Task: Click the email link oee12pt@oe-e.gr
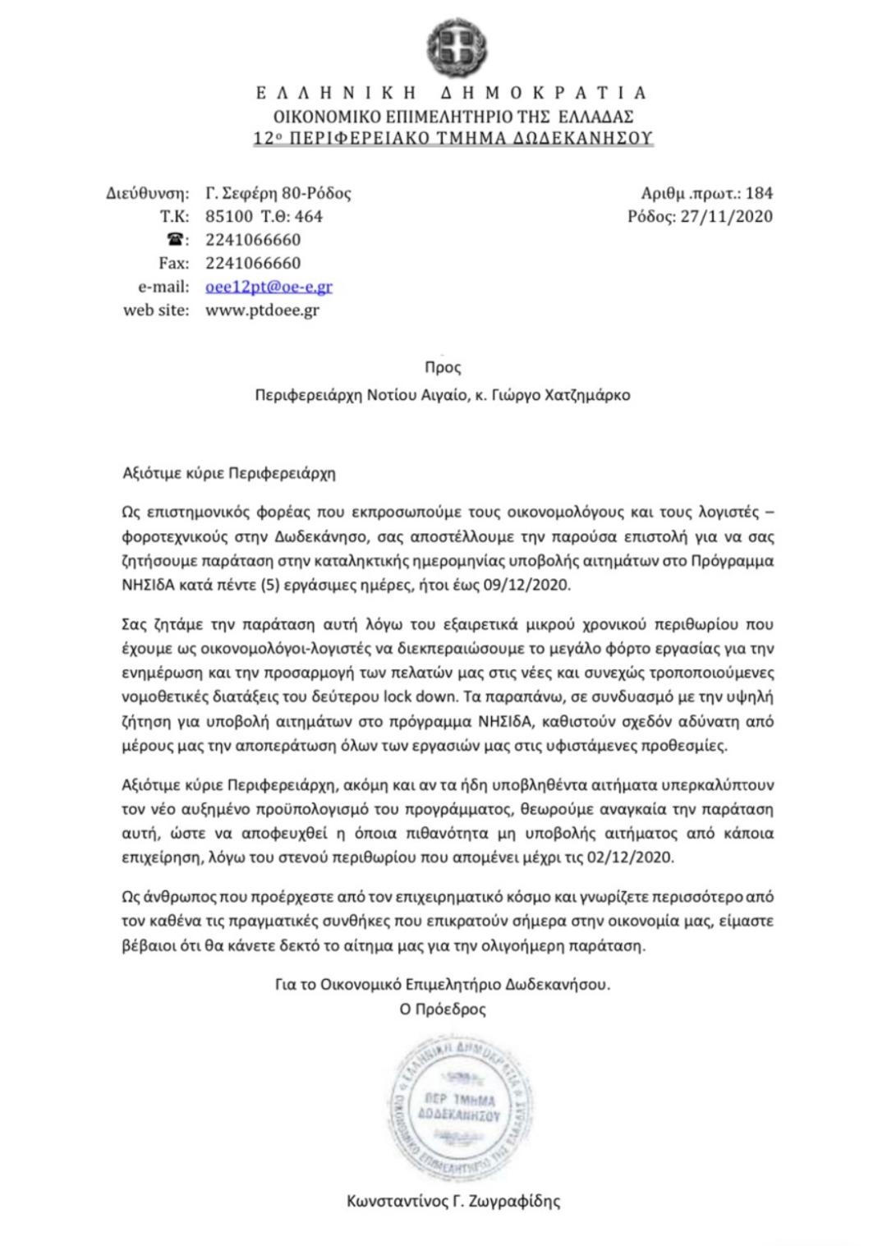[x=269, y=287]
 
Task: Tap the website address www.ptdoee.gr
[x=262, y=310]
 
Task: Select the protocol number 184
[x=759, y=194]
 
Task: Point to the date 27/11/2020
[x=727, y=217]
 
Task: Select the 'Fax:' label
[x=173, y=264]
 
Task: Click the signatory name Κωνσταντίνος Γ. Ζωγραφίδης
[x=453, y=1201]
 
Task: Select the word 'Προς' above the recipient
[x=443, y=368]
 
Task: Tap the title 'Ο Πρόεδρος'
[x=443, y=1009]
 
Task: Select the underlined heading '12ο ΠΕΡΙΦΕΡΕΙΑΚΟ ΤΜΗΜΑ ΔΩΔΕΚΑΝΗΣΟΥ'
[x=453, y=139]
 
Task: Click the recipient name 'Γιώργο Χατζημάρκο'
[x=567, y=395]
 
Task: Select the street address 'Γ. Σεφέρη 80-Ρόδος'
[x=278, y=194]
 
